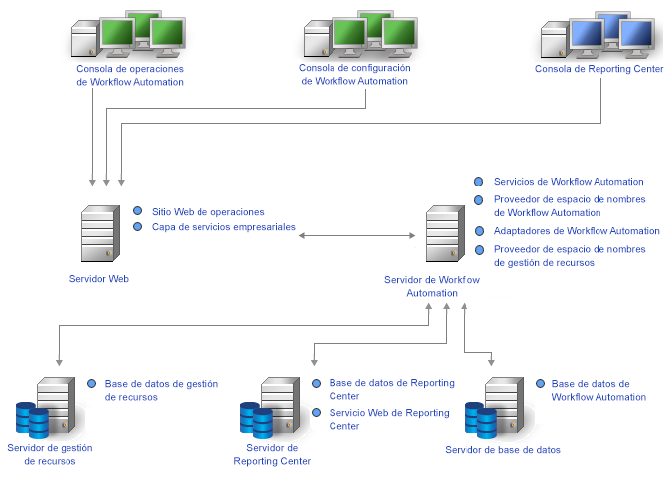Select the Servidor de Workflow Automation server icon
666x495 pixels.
(x=443, y=235)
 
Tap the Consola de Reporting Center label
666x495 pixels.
(x=599, y=69)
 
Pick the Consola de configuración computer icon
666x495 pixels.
(x=358, y=37)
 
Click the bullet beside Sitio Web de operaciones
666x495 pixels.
(x=138, y=211)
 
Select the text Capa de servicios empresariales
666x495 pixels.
(x=223, y=227)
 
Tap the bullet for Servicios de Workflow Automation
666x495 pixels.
(x=479, y=182)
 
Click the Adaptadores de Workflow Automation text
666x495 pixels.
(x=577, y=231)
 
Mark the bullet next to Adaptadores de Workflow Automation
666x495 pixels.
(x=479, y=231)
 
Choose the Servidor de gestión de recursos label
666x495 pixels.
(x=49, y=454)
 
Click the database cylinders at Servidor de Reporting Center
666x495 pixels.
(x=255, y=421)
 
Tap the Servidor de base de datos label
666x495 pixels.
(x=502, y=450)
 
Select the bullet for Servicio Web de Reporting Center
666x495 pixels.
(x=317, y=413)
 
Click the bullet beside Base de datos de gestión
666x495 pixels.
(x=92, y=383)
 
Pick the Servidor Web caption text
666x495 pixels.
(x=99, y=279)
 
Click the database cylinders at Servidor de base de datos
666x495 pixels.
(x=480, y=421)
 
